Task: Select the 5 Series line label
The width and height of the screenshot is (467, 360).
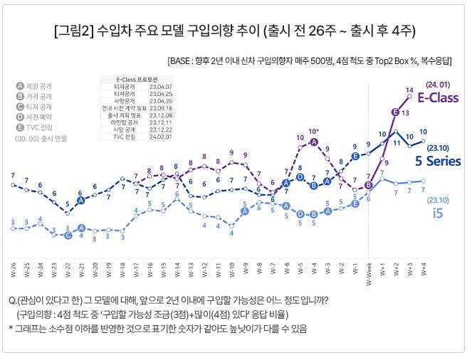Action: click(438, 162)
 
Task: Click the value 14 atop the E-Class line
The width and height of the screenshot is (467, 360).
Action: click(409, 90)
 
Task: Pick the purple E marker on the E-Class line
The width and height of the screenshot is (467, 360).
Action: click(396, 112)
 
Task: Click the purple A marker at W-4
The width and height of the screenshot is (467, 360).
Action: click(314, 142)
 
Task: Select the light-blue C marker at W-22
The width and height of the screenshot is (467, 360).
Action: click(68, 235)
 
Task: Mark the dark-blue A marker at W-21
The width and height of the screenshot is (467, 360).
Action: click(81, 201)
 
